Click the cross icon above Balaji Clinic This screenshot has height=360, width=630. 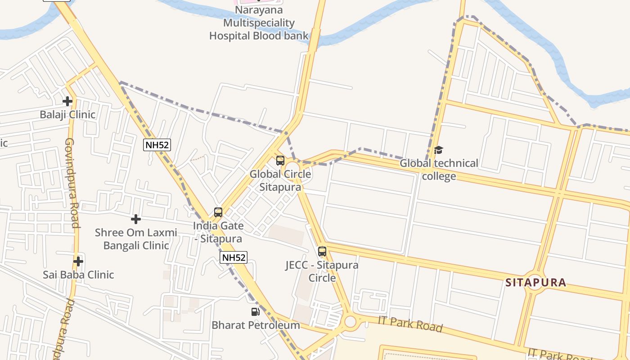pos(67,101)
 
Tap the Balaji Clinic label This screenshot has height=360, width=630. pos(67,114)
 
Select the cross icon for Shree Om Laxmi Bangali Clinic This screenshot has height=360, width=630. pos(136,219)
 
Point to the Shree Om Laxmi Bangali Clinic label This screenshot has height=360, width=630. pos(136,239)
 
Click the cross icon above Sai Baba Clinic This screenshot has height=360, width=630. pos(78,261)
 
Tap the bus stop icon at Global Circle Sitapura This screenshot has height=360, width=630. pos(280,161)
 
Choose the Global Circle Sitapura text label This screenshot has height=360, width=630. pos(280,180)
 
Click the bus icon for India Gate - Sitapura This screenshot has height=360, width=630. pos(218,212)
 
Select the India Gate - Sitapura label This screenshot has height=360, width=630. pos(218,232)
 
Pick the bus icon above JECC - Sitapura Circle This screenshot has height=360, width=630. pos(322,252)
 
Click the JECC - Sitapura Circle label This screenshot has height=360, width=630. pos(322,271)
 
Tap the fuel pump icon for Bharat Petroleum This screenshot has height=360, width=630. pos(255,311)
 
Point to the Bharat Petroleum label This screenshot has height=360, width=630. pos(256,325)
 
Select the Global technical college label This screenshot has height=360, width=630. pos(439,169)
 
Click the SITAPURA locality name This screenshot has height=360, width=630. pos(535,283)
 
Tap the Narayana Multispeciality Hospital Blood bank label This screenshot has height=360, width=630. pos(259,23)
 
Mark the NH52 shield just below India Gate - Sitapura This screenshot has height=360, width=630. pos(234,257)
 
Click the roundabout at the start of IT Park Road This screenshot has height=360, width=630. pos(350,322)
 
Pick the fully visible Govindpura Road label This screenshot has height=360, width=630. pos(72,183)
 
